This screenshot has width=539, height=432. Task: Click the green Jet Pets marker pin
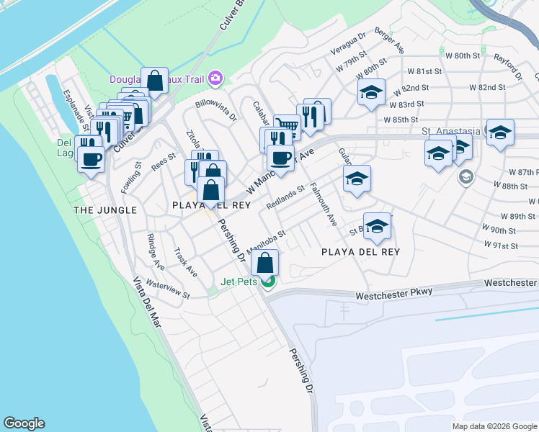point(268,282)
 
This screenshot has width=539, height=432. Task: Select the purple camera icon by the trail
point(215,78)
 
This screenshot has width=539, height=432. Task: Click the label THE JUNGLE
point(105,210)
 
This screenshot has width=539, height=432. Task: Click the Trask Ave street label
point(185,263)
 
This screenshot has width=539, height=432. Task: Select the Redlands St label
point(285,197)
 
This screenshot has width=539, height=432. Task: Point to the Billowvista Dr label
point(215,111)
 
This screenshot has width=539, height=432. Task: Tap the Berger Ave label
point(388,42)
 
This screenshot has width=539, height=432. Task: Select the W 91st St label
point(504,246)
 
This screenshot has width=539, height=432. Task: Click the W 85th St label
point(401,120)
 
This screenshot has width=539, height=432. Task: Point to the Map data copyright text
point(494,426)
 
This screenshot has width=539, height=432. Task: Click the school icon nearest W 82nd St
point(371,92)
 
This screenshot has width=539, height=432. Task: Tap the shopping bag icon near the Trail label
point(155,81)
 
